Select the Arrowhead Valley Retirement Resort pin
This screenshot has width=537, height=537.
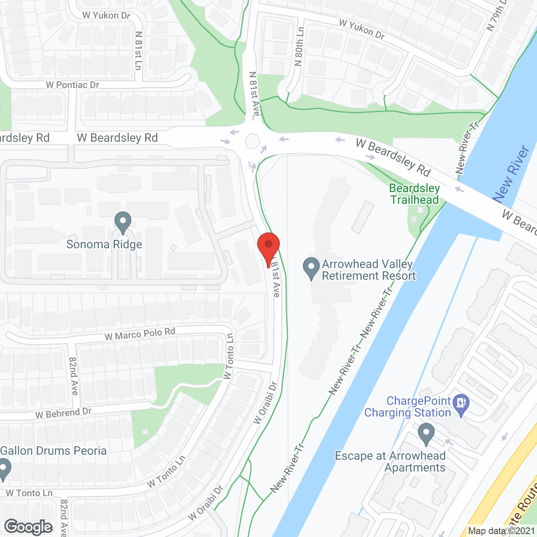(311, 267)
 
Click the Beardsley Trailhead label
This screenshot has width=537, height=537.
(414, 194)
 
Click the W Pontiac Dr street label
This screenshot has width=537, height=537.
(72, 85)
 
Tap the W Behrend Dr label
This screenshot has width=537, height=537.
(63, 413)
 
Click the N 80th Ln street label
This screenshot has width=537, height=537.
(299, 47)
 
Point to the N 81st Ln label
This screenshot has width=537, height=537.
(138, 50)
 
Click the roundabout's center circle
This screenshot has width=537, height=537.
(253, 141)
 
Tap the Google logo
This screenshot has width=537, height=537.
(29, 527)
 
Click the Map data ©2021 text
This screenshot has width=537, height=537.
(502, 531)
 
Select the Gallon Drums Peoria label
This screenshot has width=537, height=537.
(54, 451)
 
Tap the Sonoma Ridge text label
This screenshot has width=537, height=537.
(104, 245)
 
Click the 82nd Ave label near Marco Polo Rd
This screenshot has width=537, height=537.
(73, 376)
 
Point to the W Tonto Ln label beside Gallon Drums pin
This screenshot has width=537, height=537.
(29, 493)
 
